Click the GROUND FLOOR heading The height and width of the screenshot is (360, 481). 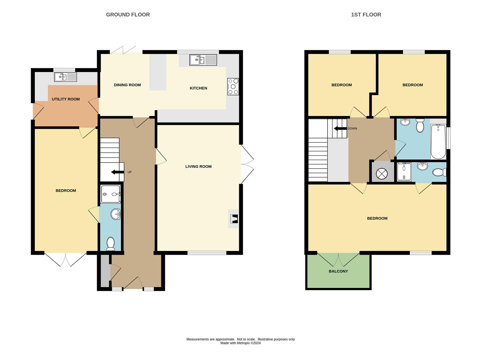click(128, 15)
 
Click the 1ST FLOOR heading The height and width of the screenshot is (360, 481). click(366, 15)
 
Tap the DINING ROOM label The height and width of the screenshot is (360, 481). click(127, 85)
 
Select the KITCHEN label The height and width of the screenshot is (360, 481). click(198, 88)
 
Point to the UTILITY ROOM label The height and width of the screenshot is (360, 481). click(66, 99)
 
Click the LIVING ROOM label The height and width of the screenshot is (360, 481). click(198, 167)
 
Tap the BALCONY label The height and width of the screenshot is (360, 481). click(338, 271)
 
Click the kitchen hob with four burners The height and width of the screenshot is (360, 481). click(233, 87)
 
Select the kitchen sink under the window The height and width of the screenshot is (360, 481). click(203, 60)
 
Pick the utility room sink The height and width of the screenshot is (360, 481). click(66, 77)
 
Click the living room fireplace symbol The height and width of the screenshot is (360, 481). click(234, 219)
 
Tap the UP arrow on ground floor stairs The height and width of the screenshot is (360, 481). click(117, 172)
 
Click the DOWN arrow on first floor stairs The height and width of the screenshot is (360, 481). click(340, 129)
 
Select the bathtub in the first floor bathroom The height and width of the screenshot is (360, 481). click(438, 142)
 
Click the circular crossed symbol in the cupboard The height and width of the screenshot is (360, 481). click(381, 174)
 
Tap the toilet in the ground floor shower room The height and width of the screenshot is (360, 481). click(110, 244)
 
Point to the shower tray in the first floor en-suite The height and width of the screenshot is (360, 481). click(404, 172)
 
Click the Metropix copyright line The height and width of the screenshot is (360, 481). click(240, 343)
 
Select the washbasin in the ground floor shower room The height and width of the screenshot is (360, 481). click(115, 214)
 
